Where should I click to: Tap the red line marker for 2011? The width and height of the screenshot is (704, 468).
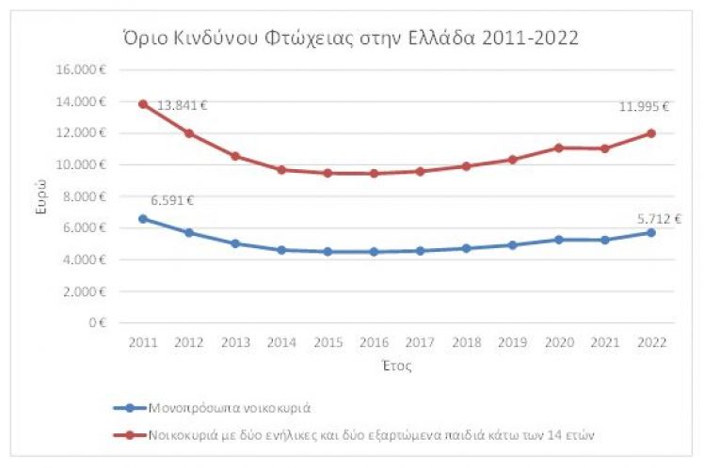[x=142, y=104]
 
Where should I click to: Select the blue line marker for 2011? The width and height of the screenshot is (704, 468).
[x=142, y=219]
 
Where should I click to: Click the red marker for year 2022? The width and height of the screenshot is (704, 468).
[x=650, y=133]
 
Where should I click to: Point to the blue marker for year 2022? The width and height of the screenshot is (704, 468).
[x=650, y=232]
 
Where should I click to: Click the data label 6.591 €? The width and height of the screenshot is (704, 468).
[x=172, y=199]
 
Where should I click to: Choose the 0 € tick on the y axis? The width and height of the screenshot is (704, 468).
[x=97, y=323]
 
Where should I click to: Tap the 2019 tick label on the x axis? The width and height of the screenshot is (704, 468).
[x=511, y=342]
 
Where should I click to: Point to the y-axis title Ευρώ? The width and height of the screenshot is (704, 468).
[x=41, y=197]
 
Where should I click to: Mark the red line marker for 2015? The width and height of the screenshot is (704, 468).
[x=327, y=173]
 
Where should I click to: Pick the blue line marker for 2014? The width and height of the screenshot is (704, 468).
[x=280, y=250]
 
